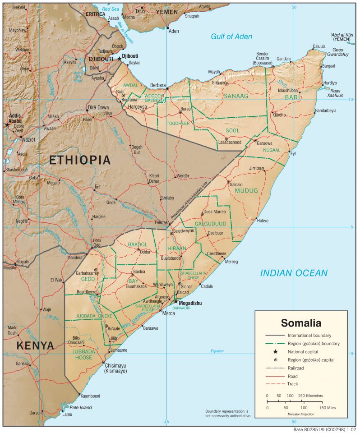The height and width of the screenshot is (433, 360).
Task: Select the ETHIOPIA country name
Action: coord(80,160)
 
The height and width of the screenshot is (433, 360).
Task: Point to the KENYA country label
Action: coord(35,346)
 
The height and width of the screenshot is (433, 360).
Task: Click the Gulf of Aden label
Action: coord(231,37)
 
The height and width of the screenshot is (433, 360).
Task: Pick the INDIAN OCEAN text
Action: coord(293,273)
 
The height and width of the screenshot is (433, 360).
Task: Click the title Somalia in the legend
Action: coord(301,323)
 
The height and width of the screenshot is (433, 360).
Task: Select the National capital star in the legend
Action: coord(275,351)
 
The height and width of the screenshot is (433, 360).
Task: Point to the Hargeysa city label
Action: coord(138,107)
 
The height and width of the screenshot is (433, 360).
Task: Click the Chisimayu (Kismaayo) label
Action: coord(115,368)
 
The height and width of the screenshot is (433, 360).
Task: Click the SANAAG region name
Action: coord(235,96)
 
